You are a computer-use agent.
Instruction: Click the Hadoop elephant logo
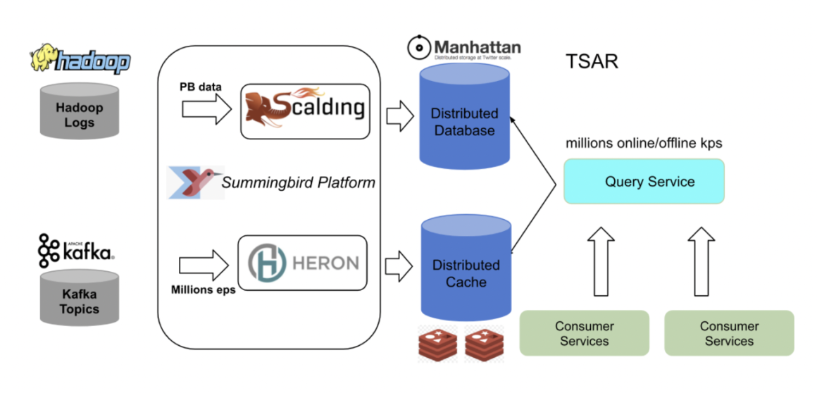coord(80,59)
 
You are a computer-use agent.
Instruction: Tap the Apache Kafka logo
coord(77,250)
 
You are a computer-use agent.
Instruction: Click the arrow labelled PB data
coord(206,108)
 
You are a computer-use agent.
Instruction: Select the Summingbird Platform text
coord(299,183)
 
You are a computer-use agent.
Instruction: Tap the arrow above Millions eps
coord(204,266)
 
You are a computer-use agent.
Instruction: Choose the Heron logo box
coord(303,263)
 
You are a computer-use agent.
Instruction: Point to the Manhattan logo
coord(465,48)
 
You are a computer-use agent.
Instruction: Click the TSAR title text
coord(592,62)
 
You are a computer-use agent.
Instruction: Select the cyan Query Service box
coord(644,182)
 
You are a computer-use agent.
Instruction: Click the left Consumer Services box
coord(584,333)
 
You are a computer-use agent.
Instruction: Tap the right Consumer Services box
coord(729,333)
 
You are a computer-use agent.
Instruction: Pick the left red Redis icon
coord(437,343)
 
